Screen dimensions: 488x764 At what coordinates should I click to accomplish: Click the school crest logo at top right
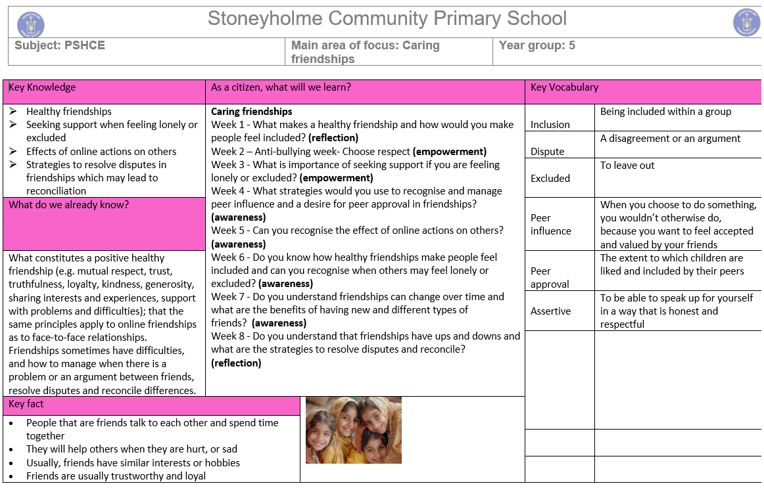click(x=746, y=22)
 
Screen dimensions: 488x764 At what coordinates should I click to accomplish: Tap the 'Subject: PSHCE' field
click(x=60, y=45)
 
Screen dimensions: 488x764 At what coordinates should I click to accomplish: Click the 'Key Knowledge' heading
click(x=42, y=87)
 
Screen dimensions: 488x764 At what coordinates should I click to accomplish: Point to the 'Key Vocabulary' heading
click(x=564, y=87)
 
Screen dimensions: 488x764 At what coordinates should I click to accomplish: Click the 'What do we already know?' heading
click(x=69, y=205)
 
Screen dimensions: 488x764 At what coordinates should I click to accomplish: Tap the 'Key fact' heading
click(x=26, y=404)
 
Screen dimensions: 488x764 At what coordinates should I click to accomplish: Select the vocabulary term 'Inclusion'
click(x=550, y=125)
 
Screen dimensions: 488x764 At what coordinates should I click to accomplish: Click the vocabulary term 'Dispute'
click(x=548, y=152)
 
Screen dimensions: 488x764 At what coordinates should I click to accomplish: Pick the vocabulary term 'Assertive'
click(x=551, y=311)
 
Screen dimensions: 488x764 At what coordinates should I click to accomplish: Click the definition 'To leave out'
click(x=627, y=166)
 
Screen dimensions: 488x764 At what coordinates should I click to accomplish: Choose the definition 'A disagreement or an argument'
click(x=670, y=139)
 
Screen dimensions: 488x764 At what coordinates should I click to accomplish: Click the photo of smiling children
click(x=354, y=430)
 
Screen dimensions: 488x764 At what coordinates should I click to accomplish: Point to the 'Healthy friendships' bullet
click(x=69, y=112)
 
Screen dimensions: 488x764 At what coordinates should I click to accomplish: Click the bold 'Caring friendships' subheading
click(x=251, y=112)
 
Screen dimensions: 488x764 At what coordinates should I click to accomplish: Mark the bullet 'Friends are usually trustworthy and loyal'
click(x=116, y=476)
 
